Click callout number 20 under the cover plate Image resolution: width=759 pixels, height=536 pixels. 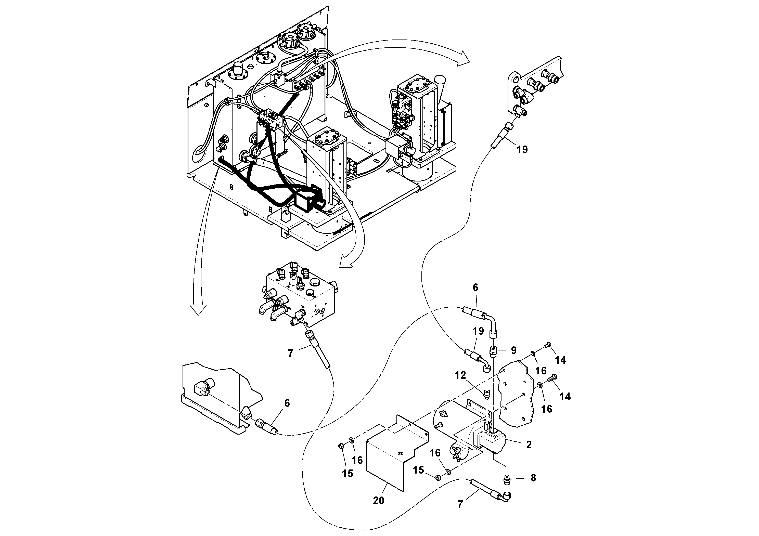click(379, 501)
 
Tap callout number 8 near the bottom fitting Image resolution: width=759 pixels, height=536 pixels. click(533, 478)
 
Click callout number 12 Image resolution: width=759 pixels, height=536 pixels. click(460, 375)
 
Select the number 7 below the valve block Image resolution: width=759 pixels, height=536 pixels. click(291, 354)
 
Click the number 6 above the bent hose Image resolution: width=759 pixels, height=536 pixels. click(475, 287)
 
